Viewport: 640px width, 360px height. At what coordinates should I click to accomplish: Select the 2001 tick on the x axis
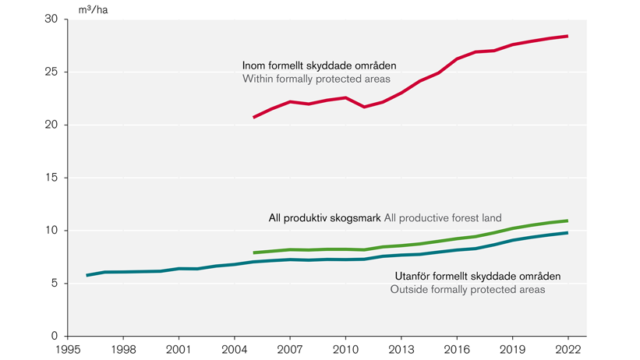[x=179, y=350]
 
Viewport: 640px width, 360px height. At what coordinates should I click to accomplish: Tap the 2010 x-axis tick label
[x=345, y=350]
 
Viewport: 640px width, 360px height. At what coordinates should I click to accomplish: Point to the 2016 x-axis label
[x=456, y=350]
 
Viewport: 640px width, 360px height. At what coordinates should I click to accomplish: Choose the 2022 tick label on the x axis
[x=567, y=350]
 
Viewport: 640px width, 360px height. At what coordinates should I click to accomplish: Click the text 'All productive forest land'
[x=443, y=218]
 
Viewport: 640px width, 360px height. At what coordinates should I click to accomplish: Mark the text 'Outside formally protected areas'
[x=467, y=290]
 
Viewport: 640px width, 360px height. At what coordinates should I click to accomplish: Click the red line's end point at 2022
[x=567, y=37]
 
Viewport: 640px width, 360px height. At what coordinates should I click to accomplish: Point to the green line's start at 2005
[x=254, y=252]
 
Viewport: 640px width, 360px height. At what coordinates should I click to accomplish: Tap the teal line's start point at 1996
[x=87, y=275]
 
